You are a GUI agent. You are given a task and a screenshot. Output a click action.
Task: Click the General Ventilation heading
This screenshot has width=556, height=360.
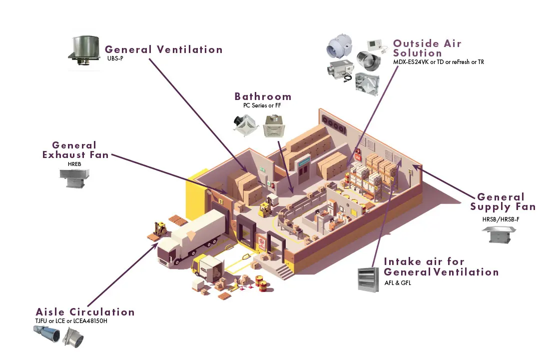click(163, 49)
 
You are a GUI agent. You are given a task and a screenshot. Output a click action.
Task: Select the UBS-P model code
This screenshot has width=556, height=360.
click(114, 58)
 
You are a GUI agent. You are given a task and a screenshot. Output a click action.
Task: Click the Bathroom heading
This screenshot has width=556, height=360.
click(263, 96)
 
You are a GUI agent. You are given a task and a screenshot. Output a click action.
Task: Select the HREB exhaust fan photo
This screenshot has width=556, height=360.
click(74, 177)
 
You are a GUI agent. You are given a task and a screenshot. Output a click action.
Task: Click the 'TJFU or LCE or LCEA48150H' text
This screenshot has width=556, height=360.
click(71, 320)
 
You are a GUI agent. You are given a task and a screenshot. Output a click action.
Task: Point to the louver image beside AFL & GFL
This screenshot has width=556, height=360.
click(369, 279)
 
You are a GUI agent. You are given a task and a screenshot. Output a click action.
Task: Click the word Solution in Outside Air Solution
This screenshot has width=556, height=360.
click(417, 53)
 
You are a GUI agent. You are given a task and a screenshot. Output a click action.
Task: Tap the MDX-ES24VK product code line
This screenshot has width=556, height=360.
click(438, 62)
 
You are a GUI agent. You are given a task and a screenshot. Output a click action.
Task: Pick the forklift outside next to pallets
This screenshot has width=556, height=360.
click(160, 229)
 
